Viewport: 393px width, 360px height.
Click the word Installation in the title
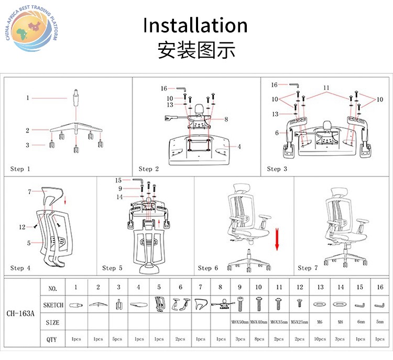pyautogui.click(x=195, y=26)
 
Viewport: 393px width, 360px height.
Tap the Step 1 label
pyautogui.click(x=20, y=169)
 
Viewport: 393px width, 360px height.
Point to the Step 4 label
pyautogui.click(x=20, y=268)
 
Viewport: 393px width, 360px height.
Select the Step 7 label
pyautogui.click(x=308, y=268)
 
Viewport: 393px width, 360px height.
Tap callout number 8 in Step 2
pyautogui.click(x=226, y=119)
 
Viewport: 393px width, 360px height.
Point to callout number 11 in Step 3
pyautogui.click(x=326, y=87)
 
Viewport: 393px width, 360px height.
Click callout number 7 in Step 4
pyautogui.click(x=30, y=192)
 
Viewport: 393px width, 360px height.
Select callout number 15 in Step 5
pyautogui.click(x=118, y=180)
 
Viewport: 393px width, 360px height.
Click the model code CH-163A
pyautogui.click(x=21, y=314)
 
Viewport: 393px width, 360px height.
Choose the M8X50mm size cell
pyautogui.click(x=240, y=322)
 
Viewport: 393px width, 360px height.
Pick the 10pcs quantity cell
pyautogui.click(x=320, y=339)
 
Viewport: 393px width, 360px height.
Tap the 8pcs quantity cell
pyautogui.click(x=259, y=339)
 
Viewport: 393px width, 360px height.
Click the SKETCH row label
pyautogui.click(x=53, y=305)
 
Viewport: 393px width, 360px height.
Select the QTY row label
pyautogui.click(x=52, y=339)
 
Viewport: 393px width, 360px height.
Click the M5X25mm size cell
pyautogui.click(x=300, y=322)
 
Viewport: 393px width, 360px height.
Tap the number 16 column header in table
pyautogui.click(x=380, y=287)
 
